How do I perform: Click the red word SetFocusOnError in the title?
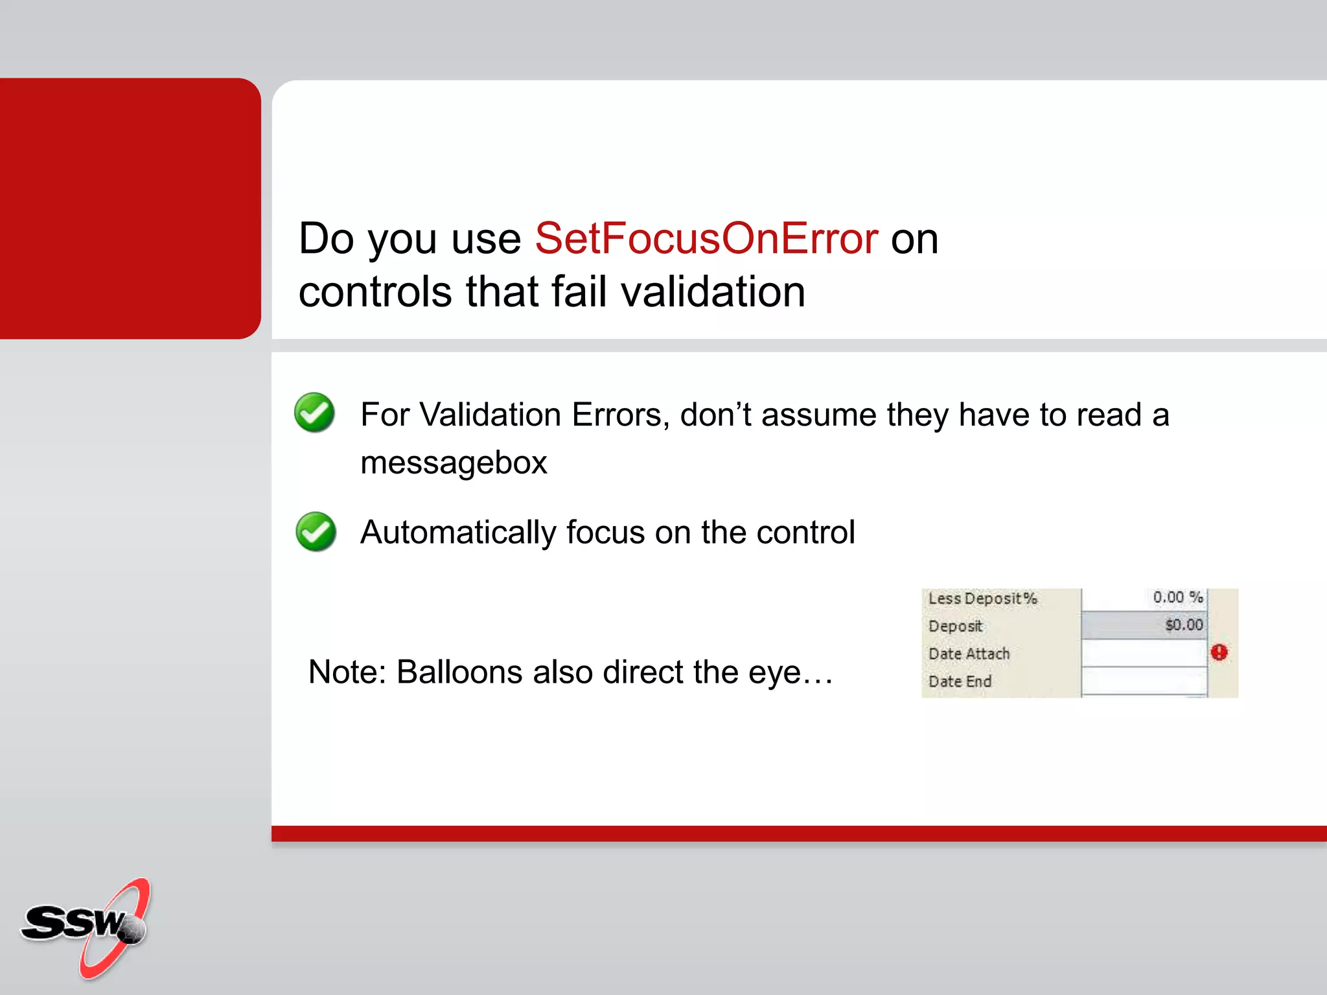point(706,239)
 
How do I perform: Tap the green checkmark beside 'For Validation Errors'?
point(314,413)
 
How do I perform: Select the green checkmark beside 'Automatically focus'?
point(316,532)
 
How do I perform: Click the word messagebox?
point(454,463)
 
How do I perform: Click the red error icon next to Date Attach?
point(1219,652)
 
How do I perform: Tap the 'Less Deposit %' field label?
point(982,598)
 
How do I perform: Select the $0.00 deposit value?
point(1183,625)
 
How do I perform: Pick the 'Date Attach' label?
point(969,654)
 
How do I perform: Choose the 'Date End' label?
point(960,681)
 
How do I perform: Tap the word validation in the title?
point(713,292)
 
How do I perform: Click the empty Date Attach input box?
point(1144,653)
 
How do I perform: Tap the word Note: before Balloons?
point(347,672)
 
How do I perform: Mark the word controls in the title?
point(375,292)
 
